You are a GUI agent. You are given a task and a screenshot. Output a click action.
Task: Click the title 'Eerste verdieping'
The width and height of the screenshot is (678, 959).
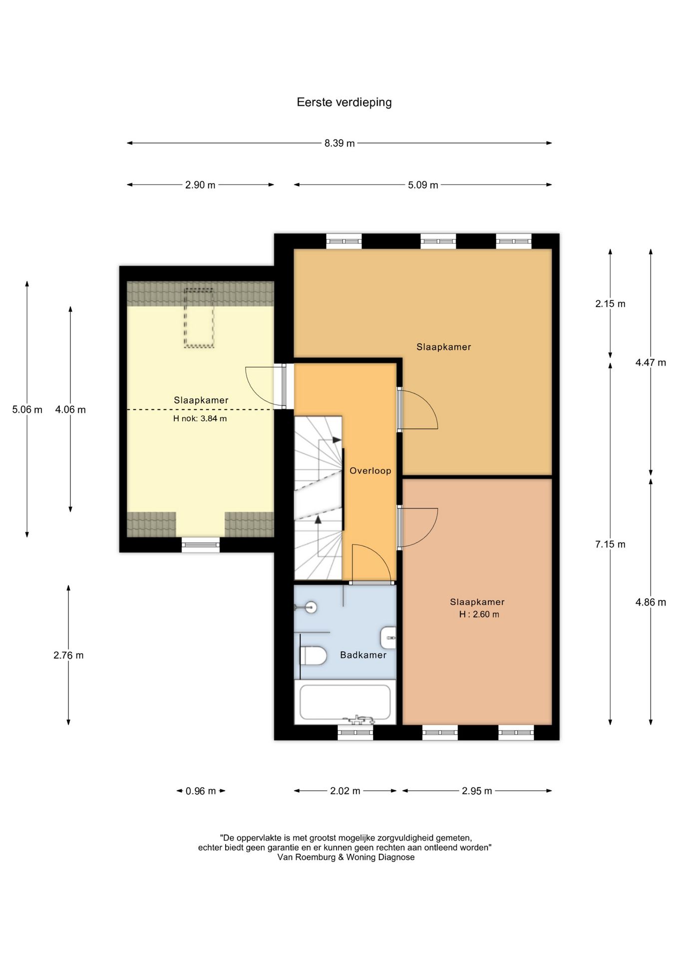[x=344, y=102]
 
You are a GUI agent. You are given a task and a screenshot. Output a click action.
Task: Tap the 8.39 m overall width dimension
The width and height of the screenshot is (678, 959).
[x=339, y=143]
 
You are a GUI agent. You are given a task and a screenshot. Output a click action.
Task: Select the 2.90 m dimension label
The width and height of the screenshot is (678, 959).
[x=200, y=185]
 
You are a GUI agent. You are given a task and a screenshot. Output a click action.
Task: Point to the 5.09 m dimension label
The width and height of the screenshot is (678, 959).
[x=423, y=185]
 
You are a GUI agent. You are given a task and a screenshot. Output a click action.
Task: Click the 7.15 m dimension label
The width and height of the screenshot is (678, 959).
[x=610, y=544]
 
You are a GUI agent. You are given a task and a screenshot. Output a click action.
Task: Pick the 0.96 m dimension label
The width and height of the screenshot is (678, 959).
[x=201, y=791]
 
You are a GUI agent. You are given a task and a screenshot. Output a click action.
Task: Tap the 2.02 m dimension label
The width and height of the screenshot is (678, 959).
[x=345, y=791]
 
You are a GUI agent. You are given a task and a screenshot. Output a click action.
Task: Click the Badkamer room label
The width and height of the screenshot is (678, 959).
[x=363, y=655]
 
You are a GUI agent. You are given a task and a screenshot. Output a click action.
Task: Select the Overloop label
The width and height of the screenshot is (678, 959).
[x=370, y=471]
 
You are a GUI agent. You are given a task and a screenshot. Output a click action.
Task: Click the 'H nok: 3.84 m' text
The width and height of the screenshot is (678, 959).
[x=200, y=419]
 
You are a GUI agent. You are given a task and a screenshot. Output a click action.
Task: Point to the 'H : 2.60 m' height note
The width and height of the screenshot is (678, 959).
[x=479, y=614]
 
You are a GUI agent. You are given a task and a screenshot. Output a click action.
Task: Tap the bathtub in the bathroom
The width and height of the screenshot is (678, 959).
[x=345, y=702]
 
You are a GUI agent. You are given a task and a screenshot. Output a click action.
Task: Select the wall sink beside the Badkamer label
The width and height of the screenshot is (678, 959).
[x=388, y=638]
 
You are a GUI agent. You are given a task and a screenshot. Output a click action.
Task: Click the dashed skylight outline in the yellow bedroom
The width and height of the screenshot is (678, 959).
[x=199, y=318]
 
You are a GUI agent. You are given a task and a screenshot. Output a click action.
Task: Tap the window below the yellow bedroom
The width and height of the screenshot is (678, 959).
[x=201, y=544]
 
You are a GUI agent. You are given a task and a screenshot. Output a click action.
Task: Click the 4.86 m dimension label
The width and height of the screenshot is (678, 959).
[x=651, y=602]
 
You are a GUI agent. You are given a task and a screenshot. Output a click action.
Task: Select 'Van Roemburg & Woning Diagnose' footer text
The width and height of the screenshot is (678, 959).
[x=346, y=857]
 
